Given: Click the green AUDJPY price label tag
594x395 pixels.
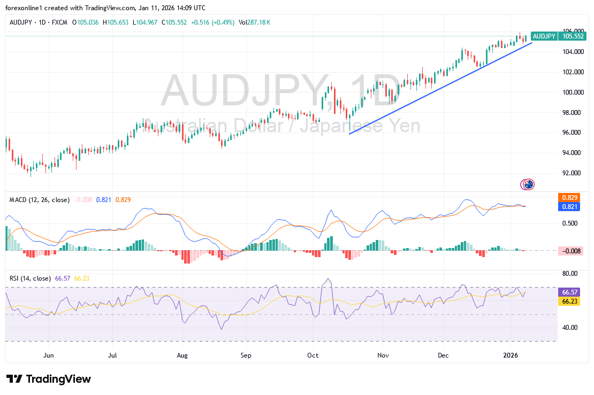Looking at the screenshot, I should pos(544,36).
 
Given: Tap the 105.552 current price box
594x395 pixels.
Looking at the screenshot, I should pos(573,36).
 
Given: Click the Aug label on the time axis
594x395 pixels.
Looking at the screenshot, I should pos(182,355).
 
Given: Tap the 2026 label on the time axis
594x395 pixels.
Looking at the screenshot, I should pos(512,355).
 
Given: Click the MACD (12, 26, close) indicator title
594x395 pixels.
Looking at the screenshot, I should pos(40,200).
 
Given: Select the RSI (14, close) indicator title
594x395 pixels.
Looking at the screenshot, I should pos(31,278).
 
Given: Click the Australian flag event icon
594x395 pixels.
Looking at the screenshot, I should pos(528,184).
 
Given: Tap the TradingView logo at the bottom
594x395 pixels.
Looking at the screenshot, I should pos(49,379).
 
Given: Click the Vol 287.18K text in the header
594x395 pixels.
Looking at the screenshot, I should pos(254,22).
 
